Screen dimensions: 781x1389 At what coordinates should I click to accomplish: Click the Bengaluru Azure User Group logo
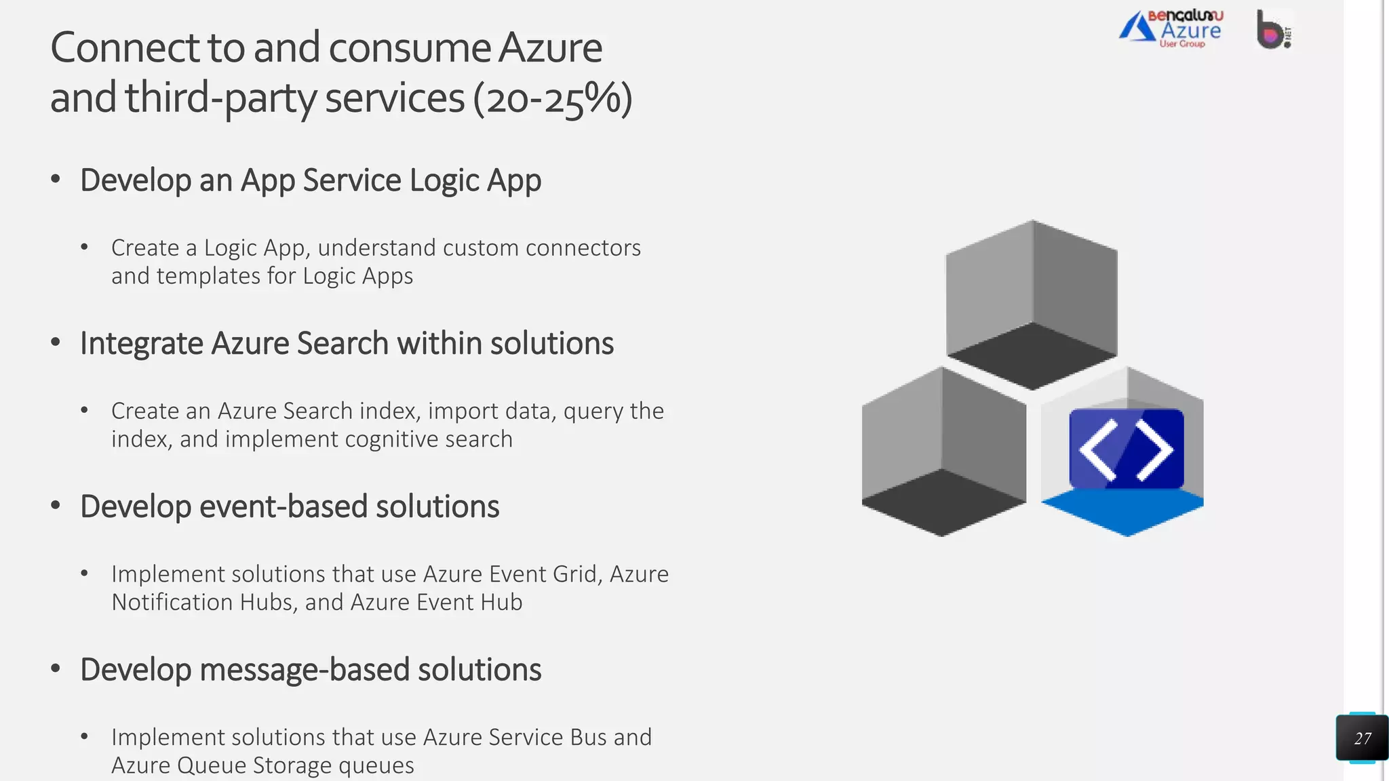tap(1171, 29)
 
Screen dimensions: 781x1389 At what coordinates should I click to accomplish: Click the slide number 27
tap(1362, 738)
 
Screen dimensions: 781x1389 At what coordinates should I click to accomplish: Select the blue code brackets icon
tap(1126, 449)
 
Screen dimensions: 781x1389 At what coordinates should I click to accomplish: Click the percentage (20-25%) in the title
tap(553, 98)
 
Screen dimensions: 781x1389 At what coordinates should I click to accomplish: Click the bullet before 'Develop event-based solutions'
tap(56, 506)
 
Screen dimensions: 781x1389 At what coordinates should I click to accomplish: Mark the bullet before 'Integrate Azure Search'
tap(56, 342)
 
